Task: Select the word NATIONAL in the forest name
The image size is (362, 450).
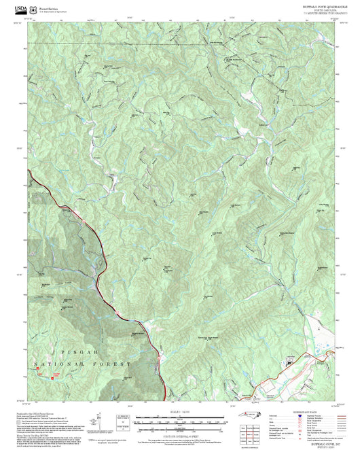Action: point(58,364)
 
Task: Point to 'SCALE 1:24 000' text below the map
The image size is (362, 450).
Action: point(180,412)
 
